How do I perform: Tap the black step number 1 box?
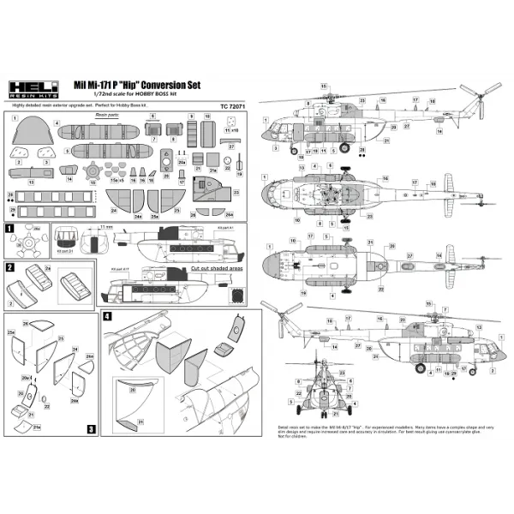tap(10, 230)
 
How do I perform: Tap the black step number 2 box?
tap(10, 267)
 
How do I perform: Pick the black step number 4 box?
tap(106, 316)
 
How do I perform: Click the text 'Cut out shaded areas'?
tap(218, 267)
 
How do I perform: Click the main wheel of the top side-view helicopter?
tap(296, 150)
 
